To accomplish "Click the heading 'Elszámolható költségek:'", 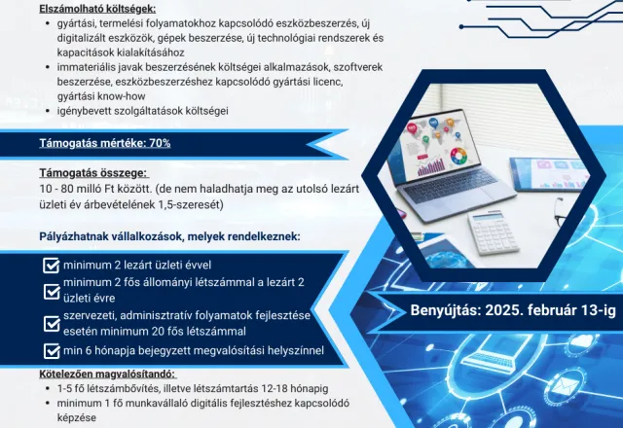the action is tap(97, 9).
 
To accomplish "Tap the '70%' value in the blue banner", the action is tap(160, 143).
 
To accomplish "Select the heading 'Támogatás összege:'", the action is tap(93, 173).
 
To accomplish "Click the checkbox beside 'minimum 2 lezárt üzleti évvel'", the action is tap(52, 266).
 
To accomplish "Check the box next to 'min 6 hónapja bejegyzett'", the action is tap(52, 351).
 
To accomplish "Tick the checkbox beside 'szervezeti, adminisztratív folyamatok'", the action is tap(52, 324).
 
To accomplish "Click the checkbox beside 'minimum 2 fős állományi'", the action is tap(52, 292).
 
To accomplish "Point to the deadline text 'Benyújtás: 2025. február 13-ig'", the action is tap(513, 310).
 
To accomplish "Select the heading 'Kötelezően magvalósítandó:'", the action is tap(107, 374).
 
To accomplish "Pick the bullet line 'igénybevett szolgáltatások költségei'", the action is tap(143, 111).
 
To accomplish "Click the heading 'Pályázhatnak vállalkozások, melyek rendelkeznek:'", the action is tap(169, 236).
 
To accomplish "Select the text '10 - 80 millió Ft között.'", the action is tap(95, 189).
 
